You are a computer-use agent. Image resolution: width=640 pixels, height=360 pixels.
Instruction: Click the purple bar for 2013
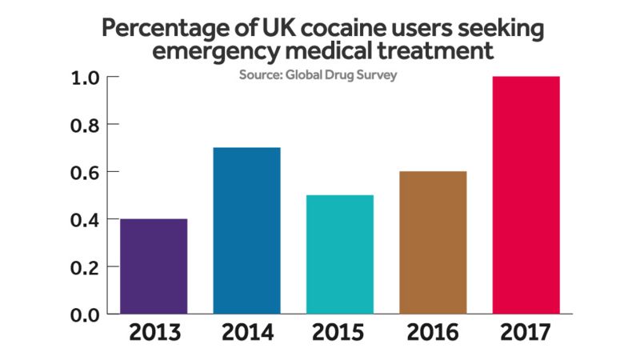click(154, 266)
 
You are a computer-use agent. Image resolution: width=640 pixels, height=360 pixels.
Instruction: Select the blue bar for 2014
click(247, 230)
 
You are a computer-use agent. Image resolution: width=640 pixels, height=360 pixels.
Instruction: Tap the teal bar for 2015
click(339, 254)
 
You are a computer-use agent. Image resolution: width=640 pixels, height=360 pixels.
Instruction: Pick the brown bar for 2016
click(432, 242)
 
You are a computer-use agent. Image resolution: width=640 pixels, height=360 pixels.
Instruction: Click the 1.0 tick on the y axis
click(84, 78)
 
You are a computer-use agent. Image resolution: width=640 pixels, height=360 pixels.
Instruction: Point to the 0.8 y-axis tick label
click(84, 125)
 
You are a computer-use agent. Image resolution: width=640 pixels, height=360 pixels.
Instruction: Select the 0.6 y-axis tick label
click(84, 172)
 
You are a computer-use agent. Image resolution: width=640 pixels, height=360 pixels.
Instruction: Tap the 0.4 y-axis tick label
click(84, 219)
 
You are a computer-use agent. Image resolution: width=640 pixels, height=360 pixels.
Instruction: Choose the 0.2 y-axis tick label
click(84, 266)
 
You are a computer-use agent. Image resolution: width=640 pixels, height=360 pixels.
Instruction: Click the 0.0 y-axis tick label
click(84, 314)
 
